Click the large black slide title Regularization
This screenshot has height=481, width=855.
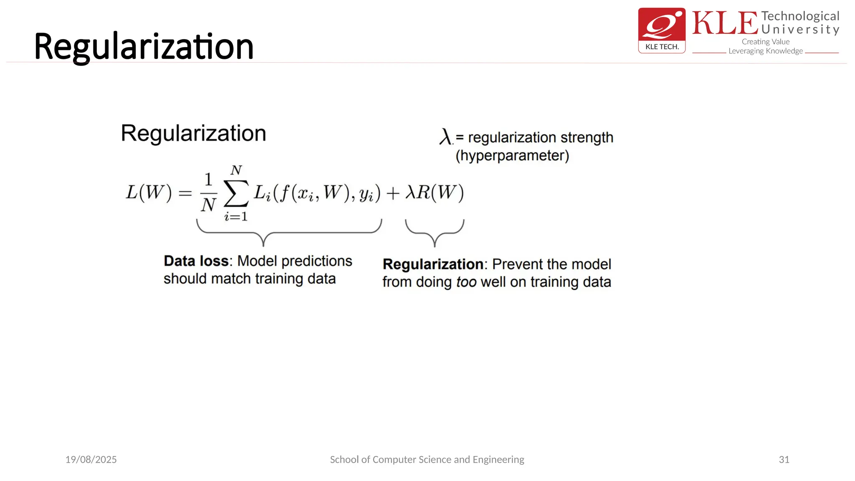coord(144,47)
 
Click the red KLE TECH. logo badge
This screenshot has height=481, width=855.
coord(662,30)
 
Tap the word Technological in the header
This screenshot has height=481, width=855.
coord(800,16)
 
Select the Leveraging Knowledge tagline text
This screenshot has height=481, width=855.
coord(765,51)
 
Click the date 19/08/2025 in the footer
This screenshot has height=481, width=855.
coord(91,459)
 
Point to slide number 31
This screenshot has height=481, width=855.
coord(784,459)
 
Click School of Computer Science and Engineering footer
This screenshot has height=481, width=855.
coord(427,459)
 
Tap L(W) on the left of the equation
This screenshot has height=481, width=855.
coord(149,192)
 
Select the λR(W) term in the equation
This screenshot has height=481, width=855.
coord(435,192)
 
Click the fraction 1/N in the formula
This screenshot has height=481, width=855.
coord(208,192)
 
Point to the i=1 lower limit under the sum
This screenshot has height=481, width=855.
coord(236,216)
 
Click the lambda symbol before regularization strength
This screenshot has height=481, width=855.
coord(445,137)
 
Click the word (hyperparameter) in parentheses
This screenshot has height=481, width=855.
coord(512,156)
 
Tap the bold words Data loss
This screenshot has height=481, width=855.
coord(196,261)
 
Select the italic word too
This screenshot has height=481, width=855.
coord(466,282)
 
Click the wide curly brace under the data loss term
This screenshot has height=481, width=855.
coord(289,232)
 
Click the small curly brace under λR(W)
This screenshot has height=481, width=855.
coord(435,232)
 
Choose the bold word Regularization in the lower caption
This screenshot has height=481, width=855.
coord(433,264)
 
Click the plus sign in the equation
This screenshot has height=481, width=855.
coord(393,193)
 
